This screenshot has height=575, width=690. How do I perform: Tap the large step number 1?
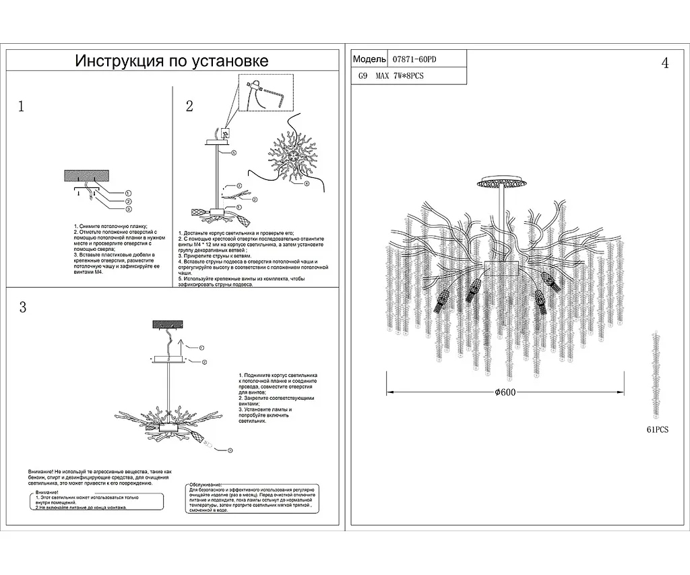tap(22, 106)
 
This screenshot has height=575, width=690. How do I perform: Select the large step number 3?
tap(22, 307)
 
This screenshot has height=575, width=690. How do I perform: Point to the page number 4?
tap(665, 64)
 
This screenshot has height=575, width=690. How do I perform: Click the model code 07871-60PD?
tap(414, 59)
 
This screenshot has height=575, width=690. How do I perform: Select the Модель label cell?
tap(369, 59)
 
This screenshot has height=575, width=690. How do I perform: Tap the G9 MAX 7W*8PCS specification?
tap(391, 75)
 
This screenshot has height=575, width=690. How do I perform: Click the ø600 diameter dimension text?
tap(505, 393)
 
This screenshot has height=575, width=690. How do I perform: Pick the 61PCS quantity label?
tap(657, 429)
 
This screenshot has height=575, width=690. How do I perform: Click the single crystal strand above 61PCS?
tap(656, 374)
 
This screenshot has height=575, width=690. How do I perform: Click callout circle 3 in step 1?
tap(128, 210)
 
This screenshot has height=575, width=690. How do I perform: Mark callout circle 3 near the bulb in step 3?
tap(229, 450)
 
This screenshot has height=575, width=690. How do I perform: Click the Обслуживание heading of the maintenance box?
tap(205, 485)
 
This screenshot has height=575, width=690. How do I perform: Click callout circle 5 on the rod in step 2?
tap(234, 153)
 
